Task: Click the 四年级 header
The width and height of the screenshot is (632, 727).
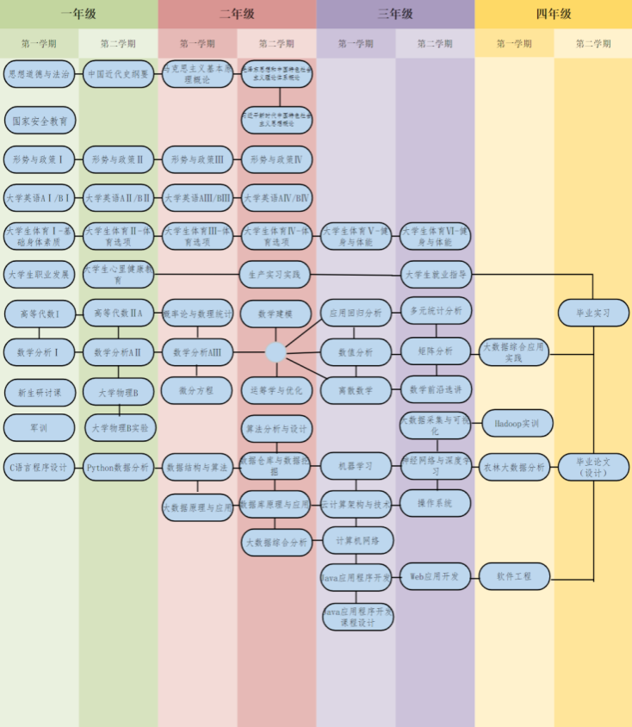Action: (x=553, y=14)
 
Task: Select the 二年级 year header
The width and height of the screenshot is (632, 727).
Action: (x=237, y=14)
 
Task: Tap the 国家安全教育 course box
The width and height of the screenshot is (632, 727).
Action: (x=40, y=121)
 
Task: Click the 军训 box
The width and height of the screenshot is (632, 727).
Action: (x=40, y=427)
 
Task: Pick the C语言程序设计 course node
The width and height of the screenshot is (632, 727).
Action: (x=40, y=468)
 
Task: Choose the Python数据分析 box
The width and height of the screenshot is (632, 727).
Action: (x=119, y=468)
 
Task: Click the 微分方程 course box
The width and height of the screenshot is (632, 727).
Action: (x=197, y=390)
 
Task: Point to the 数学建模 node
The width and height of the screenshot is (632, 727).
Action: (x=276, y=314)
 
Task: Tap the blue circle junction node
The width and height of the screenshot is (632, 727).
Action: (x=276, y=351)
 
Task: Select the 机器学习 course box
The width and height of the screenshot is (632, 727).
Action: (x=356, y=466)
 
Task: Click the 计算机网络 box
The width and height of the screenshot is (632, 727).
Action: (x=356, y=540)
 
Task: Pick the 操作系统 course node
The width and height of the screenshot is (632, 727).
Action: (x=435, y=503)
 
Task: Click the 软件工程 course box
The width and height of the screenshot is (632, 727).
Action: (x=514, y=575)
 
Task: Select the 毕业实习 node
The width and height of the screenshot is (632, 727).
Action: (x=593, y=313)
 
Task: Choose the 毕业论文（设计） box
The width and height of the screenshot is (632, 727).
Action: (x=593, y=467)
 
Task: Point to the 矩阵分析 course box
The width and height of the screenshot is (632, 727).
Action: (x=435, y=351)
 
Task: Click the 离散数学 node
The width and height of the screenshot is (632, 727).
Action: (x=356, y=390)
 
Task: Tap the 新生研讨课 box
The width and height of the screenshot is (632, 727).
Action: (x=40, y=393)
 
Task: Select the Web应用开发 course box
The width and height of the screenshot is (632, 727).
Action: (x=435, y=575)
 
